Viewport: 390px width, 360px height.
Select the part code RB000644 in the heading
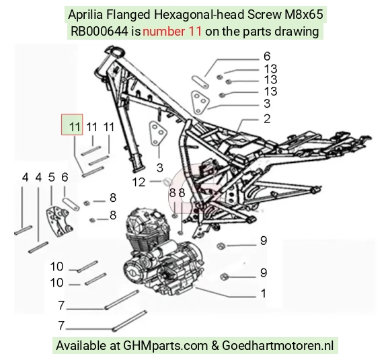tap(100, 32)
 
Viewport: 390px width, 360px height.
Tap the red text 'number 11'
tap(172, 32)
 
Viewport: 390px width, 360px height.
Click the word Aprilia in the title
tap(85, 15)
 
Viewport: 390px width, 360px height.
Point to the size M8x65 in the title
tap(303, 15)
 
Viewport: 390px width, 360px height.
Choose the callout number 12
tap(139, 182)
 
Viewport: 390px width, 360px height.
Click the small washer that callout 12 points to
tap(167, 181)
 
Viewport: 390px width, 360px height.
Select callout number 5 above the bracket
tap(52, 178)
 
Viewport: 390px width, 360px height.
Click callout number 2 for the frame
tap(267, 118)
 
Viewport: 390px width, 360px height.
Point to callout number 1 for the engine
tap(264, 293)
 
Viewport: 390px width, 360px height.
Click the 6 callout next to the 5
tap(65, 178)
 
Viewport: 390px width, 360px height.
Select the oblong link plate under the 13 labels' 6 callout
tap(200, 81)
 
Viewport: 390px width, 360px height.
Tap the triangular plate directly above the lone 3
tap(158, 133)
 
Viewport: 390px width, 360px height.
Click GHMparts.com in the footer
tap(165, 346)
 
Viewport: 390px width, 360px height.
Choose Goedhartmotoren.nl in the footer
tap(278, 345)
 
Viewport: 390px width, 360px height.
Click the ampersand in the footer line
tap(214, 346)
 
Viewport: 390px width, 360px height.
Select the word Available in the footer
tap(81, 346)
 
